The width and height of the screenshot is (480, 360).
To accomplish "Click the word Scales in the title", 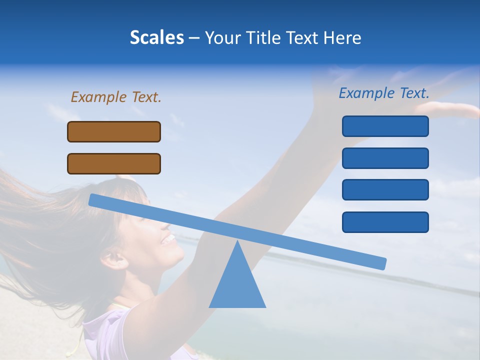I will pos(156,37).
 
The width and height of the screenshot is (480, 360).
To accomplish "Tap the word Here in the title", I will pos(342,37).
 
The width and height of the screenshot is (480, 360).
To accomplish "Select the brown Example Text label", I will pos(116,97).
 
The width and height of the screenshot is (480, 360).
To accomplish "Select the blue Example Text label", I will pos(384,93).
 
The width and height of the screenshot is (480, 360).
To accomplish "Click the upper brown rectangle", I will pos(114,131).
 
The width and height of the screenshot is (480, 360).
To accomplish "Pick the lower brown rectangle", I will pos(114,163).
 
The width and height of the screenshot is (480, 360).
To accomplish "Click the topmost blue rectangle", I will pos(385,126).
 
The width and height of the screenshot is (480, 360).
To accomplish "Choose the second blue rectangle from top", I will pos(385,158).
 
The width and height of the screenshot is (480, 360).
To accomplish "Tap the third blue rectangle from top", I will pos(385,190).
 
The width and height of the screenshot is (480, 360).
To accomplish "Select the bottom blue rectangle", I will pos(385,222).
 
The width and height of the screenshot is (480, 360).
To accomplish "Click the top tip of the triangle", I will pos(237,242).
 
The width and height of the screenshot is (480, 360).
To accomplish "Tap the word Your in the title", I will pos(222,37).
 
